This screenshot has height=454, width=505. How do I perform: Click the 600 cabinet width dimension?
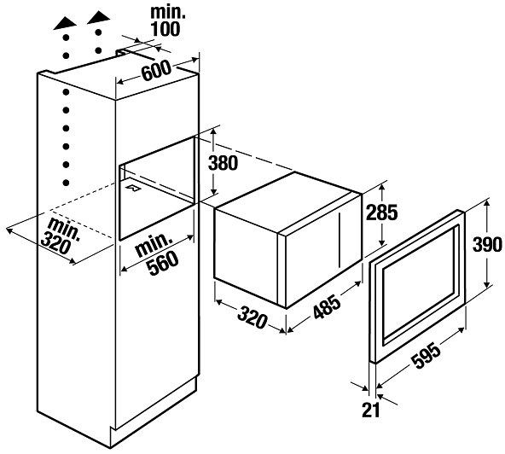click(156, 72)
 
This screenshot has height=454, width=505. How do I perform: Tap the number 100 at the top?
click(165, 29)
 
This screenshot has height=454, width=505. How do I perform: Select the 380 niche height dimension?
click(223, 163)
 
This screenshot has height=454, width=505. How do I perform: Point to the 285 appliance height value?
click(383, 212)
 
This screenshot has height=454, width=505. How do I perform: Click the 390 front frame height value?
click(487, 245)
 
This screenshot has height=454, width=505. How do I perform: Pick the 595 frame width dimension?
click(427, 356)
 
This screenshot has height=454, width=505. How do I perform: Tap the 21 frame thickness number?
click(371, 410)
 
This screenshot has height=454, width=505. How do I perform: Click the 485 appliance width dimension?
click(326, 308)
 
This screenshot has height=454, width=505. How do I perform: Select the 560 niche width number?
click(163, 263)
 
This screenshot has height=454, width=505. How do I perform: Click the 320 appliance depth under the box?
click(252, 317)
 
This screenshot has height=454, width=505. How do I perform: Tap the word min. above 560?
click(154, 245)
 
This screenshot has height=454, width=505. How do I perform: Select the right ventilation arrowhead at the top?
click(99, 17)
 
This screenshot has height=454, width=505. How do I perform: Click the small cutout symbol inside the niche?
click(134, 188)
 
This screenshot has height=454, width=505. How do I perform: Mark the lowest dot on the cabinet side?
click(66, 183)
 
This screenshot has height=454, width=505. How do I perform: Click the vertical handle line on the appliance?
click(339, 240)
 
